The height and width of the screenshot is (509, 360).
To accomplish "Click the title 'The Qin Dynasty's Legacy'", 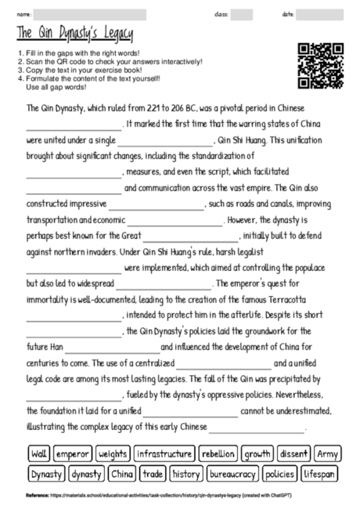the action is [74, 34].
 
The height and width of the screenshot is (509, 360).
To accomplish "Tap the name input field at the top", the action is [90, 15].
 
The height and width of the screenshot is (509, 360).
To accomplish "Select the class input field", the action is [242, 15].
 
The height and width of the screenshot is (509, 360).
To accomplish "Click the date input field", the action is [319, 15].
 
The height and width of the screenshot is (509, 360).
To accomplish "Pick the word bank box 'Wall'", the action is [39, 453].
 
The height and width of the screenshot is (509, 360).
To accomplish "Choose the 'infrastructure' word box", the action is [164, 453].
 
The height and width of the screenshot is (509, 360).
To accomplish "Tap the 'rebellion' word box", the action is [218, 453].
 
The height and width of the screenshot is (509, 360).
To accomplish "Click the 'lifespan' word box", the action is [320, 474].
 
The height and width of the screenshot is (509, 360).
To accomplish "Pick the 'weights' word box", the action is [113, 453].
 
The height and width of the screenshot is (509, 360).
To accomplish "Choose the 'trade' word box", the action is [153, 474].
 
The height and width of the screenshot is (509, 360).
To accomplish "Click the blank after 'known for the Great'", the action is [191, 236].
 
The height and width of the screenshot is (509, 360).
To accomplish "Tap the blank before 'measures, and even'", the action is [74, 171].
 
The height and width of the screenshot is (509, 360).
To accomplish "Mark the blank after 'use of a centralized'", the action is [224, 363].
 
